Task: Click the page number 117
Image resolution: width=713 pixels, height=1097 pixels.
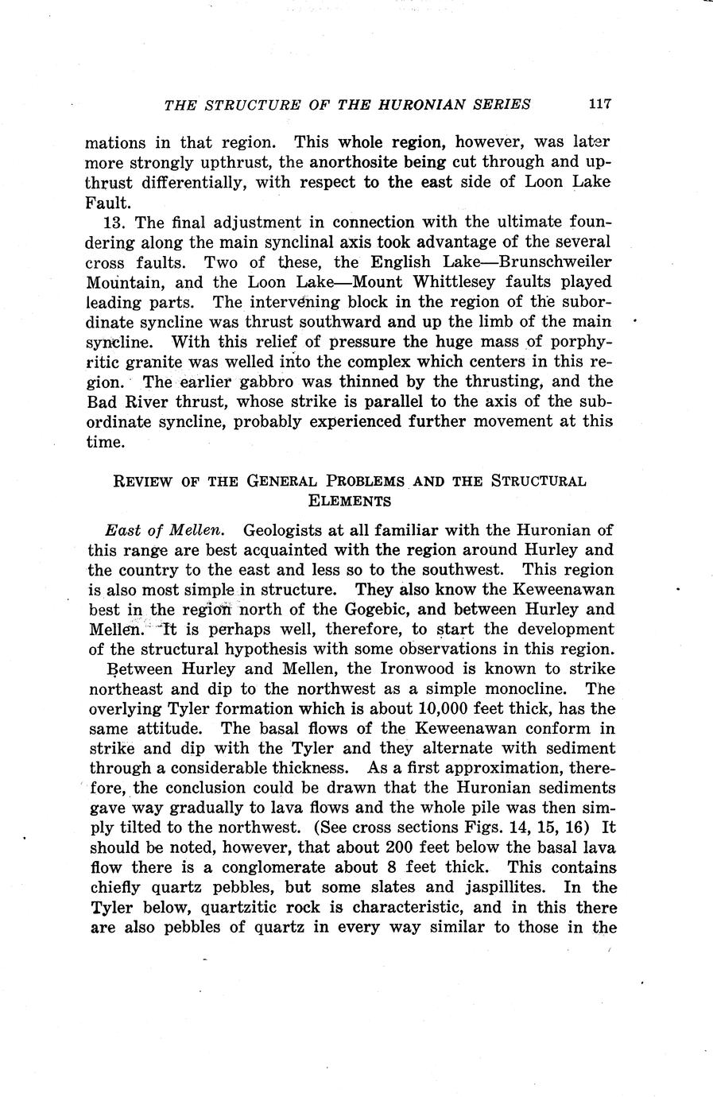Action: tap(599, 104)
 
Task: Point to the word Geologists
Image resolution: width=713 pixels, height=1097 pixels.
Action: tap(284, 530)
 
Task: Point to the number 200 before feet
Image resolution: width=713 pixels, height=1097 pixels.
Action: tap(401, 847)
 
